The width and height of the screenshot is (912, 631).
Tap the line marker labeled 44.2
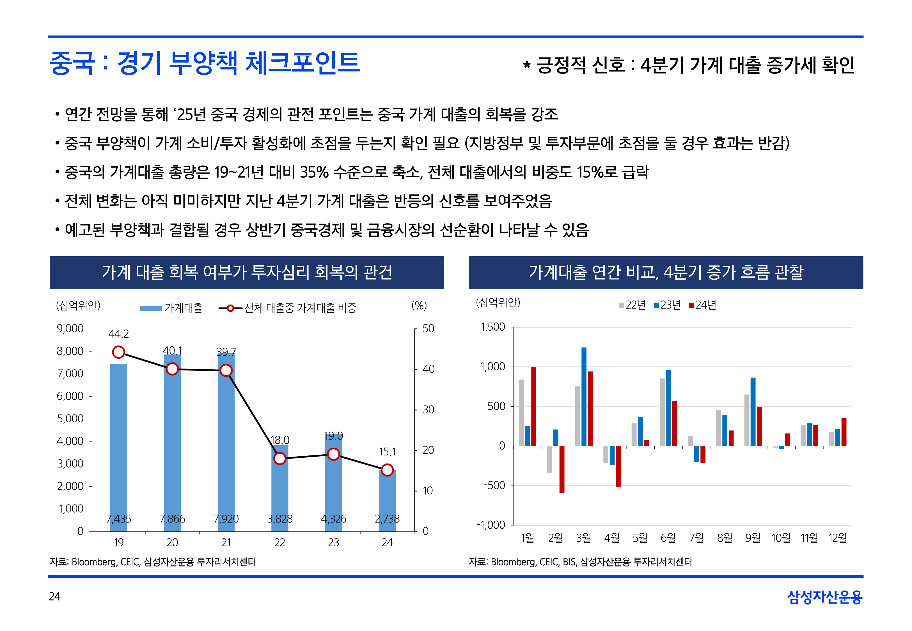tap(119, 352)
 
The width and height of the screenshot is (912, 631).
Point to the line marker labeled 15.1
tap(387, 470)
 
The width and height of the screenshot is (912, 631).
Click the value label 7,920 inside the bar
tap(226, 519)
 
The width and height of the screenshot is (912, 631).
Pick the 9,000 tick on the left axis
tap(70, 329)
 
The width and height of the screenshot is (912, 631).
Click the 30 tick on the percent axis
tap(428, 410)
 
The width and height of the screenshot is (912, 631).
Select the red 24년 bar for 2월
tap(562, 469)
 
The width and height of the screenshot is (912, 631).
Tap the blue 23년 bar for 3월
tap(584, 397)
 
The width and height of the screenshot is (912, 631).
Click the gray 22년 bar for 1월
tap(521, 413)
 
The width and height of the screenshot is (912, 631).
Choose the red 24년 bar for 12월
tap(844, 432)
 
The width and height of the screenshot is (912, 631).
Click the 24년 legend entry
tap(702, 305)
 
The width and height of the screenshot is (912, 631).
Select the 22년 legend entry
tap(633, 305)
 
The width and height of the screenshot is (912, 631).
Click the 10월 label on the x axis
tap(781, 538)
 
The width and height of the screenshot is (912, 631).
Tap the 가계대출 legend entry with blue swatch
tap(171, 308)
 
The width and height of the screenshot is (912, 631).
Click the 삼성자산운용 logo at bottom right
tap(825, 597)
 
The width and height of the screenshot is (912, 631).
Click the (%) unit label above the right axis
tap(419, 305)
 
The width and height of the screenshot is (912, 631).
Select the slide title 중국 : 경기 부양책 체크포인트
tap(205, 63)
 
